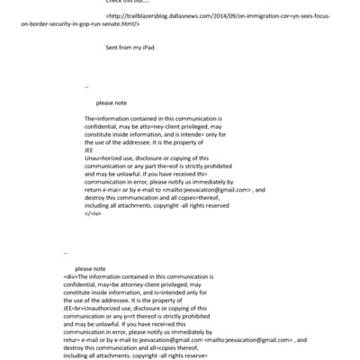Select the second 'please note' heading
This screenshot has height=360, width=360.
click(x=91, y=269)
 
